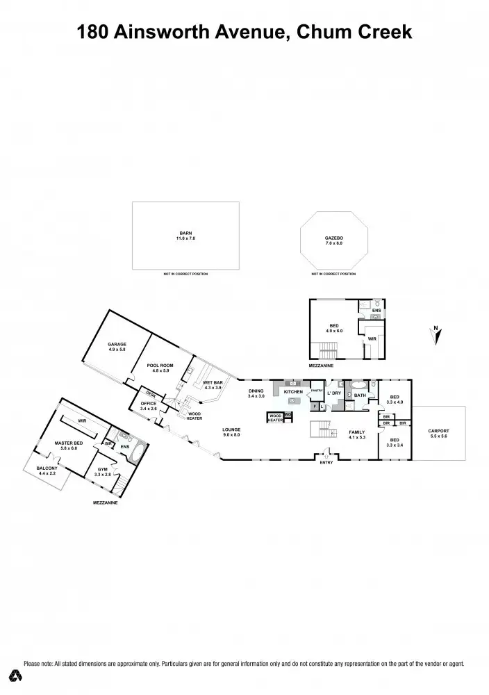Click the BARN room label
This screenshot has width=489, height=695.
tap(185, 234)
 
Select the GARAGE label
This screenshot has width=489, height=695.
tap(117, 345)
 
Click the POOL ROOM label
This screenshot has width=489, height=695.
tap(160, 365)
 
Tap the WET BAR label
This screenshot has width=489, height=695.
tap(213, 382)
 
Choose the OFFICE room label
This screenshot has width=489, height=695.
tap(149, 402)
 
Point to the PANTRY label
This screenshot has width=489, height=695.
tap(317, 391)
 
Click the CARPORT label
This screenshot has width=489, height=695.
tap(439, 431)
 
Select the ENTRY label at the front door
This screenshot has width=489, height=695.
tap(325, 463)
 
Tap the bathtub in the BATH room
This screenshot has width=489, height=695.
tap(358, 384)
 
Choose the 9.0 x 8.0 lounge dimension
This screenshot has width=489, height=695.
tap(231, 434)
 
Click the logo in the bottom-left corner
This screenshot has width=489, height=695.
tap(13, 676)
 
